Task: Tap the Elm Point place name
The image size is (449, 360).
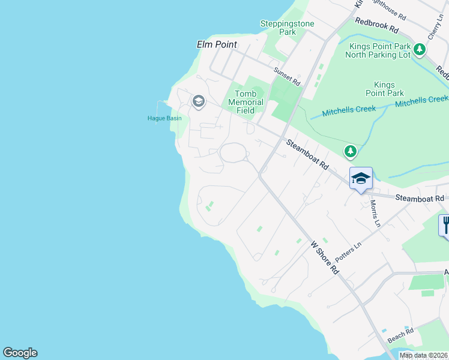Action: click(217, 44)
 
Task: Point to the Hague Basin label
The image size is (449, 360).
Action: click(164, 118)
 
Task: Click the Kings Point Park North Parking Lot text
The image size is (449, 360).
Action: click(378, 50)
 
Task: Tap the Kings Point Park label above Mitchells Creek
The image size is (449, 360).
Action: click(388, 89)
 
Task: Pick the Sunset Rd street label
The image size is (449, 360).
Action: click(286, 76)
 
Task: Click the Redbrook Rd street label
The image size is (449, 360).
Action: click(376, 25)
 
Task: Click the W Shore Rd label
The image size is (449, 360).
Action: click(324, 258)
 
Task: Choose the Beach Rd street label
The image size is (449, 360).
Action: click(400, 335)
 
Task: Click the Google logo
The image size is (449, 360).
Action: click(20, 353)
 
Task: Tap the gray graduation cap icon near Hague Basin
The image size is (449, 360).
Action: click(198, 101)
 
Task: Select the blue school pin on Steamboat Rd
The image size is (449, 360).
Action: click(361, 178)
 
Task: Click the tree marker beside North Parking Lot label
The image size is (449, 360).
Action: click(419, 50)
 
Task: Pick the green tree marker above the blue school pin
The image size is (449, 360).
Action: click(350, 151)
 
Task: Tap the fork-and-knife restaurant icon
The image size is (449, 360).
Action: click(445, 226)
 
